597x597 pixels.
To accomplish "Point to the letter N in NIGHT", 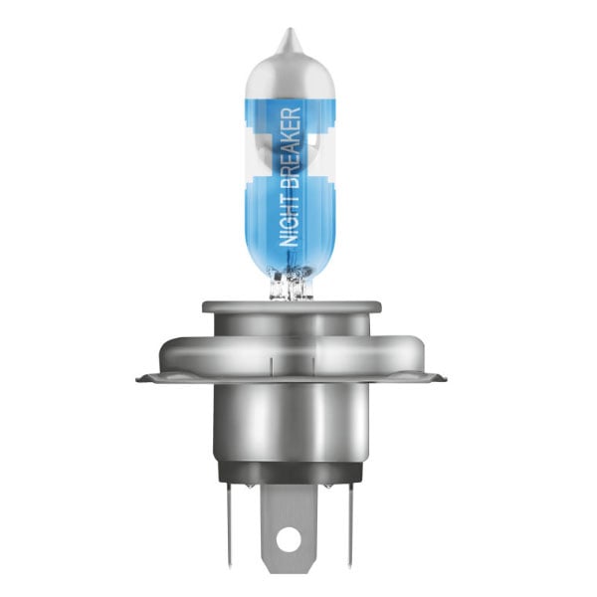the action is (292, 240).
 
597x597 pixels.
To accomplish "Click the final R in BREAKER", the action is (292, 112).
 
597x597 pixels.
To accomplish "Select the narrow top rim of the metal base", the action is (292, 306).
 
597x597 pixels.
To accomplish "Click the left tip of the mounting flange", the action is (137, 379).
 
